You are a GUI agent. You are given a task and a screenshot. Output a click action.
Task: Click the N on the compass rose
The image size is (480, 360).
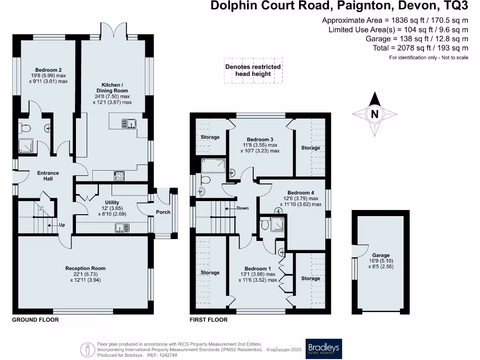pos(375,114)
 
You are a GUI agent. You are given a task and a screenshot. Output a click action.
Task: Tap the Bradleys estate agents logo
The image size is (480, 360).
pos(323,349)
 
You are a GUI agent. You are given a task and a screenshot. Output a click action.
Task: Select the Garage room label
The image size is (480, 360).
pos(381,255)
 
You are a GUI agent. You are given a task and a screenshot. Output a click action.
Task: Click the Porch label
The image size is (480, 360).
pos(163,212)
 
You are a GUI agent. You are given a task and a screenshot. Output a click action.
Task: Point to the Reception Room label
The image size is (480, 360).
pos(85,269)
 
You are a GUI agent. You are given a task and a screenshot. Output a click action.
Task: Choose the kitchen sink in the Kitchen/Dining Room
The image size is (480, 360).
pos(129,124)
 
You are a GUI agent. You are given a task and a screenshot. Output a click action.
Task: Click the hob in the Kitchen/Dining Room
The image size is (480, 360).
pos(119,176)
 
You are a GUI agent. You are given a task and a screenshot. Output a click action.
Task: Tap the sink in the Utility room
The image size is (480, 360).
pos(122,228)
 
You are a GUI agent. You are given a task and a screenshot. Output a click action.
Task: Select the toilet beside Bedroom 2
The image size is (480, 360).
pos(24,128)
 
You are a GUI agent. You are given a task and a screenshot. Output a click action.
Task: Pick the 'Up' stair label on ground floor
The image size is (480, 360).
pos(62,225)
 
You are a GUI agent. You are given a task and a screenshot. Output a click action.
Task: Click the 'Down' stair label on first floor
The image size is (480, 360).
pos(242,208)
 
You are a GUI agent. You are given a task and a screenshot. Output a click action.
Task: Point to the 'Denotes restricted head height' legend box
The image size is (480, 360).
pos(253,70)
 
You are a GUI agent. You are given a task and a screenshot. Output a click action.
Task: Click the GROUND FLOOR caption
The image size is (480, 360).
pos(35,320)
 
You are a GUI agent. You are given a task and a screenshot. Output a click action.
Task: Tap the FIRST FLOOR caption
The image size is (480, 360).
pos(209,320)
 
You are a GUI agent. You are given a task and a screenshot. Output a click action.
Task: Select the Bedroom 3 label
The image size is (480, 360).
pos(260,140)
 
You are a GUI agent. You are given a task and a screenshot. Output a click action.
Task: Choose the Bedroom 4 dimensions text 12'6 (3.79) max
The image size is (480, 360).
pos(300,198)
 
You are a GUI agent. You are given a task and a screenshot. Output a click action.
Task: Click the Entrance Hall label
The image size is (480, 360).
pos(48,176)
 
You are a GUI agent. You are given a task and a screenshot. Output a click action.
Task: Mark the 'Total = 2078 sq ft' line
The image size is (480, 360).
pos(420,48)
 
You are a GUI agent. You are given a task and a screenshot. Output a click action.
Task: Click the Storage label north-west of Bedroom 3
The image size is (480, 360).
pos(210,137)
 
